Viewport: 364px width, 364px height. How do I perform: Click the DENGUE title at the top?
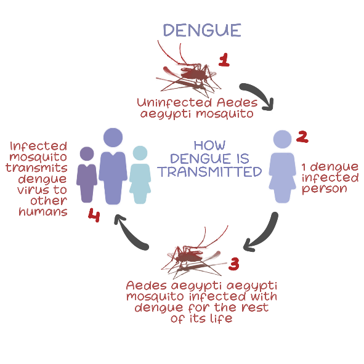(x=202, y=30)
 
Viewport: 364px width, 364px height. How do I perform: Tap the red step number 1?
(x=224, y=60)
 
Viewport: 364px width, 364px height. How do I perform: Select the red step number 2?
(x=302, y=137)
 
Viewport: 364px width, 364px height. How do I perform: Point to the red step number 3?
(x=234, y=264)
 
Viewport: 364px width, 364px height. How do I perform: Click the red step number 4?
(x=94, y=215)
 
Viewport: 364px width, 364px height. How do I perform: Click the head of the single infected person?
(x=282, y=139)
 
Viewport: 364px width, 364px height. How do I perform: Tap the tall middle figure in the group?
(x=113, y=166)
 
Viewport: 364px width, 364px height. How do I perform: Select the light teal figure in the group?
(x=140, y=174)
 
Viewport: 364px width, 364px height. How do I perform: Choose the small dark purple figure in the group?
(x=87, y=174)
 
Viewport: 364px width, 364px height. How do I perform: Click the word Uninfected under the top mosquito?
(x=174, y=103)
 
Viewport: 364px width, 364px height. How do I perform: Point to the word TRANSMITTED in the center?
(x=209, y=172)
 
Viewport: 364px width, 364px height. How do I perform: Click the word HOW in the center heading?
(x=209, y=145)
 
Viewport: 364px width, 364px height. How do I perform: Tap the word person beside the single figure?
(x=324, y=189)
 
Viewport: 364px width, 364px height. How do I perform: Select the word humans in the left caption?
(x=43, y=211)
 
